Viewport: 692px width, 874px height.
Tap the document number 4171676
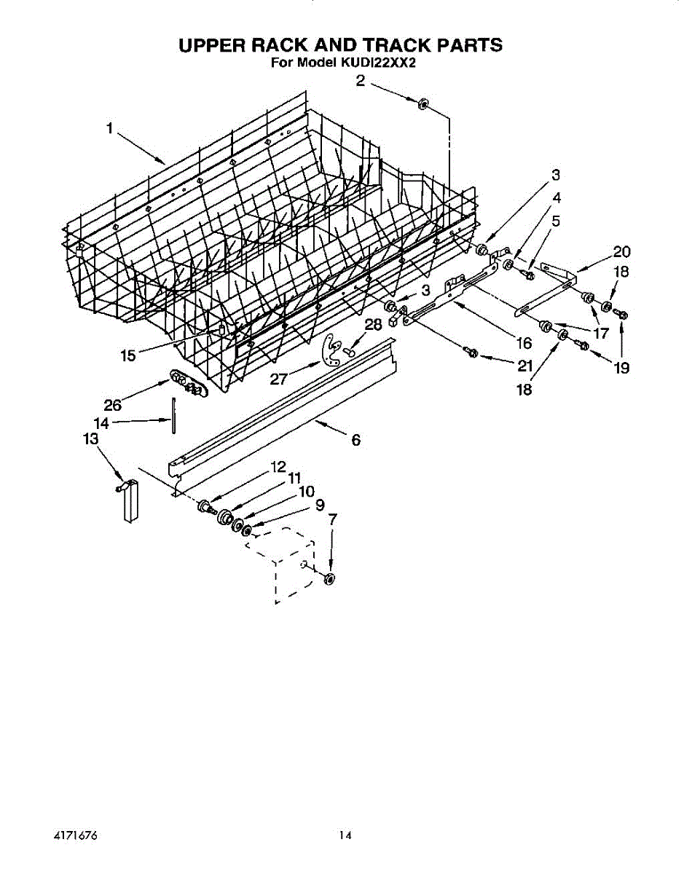pyautogui.click(x=75, y=835)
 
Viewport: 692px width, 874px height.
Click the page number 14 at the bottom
pyautogui.click(x=345, y=835)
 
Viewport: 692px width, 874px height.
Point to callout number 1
pyautogui.click(x=109, y=128)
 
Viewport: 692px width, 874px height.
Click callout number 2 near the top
pyautogui.click(x=361, y=81)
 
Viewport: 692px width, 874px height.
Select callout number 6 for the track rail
pyautogui.click(x=356, y=439)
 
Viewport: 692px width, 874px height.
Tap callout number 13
pyautogui.click(x=91, y=438)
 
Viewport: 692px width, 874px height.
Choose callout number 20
pyautogui.click(x=621, y=252)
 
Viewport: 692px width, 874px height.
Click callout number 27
pyautogui.click(x=279, y=379)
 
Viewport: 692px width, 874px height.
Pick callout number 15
pyautogui.click(x=127, y=356)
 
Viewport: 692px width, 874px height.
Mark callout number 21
pyautogui.click(x=525, y=366)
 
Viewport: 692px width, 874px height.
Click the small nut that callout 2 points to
pyautogui.click(x=423, y=104)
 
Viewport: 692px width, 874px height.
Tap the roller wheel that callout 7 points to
pyautogui.click(x=329, y=579)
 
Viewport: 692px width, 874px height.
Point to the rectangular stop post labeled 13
pyautogui.click(x=130, y=500)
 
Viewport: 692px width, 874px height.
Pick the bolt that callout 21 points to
pyautogui.click(x=472, y=353)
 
